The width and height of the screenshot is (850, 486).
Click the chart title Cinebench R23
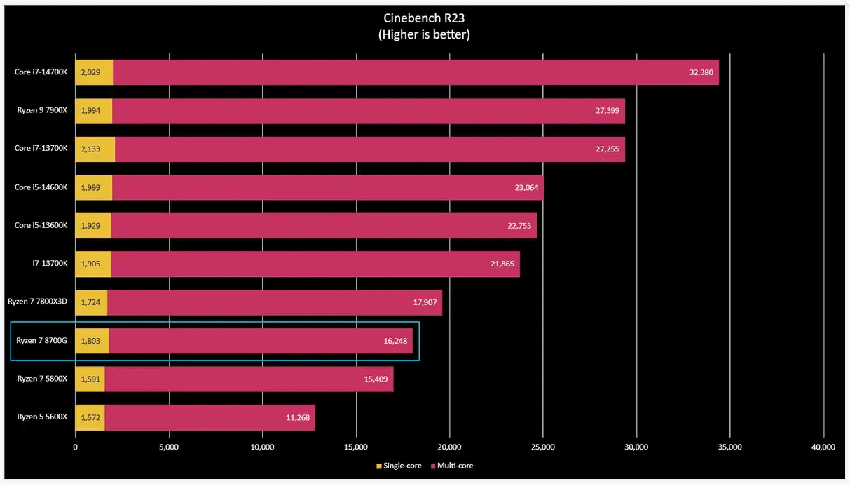pos(424,18)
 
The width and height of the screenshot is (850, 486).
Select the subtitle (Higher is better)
pos(424,34)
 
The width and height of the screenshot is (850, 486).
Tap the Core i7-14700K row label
pos(41,72)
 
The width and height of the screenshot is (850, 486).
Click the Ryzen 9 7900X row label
pos(43,110)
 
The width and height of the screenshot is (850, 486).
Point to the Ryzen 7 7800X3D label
pos(38,302)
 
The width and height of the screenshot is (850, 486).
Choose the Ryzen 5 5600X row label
pos(43,417)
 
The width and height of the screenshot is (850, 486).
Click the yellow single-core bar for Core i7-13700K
pos(95,149)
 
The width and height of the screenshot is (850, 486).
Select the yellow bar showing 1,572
pos(90,417)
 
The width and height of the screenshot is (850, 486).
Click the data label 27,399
pos(607,111)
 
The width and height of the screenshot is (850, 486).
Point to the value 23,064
pos(526,187)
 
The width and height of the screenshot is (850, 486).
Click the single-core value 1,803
pos(91,341)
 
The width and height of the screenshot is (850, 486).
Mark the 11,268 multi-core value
pos(297,417)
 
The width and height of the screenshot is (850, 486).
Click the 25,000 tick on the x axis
pos(543,447)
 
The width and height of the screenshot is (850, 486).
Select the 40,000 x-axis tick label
pos(823,447)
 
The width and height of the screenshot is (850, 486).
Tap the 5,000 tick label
pos(169,447)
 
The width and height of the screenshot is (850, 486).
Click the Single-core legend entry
pos(399,465)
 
